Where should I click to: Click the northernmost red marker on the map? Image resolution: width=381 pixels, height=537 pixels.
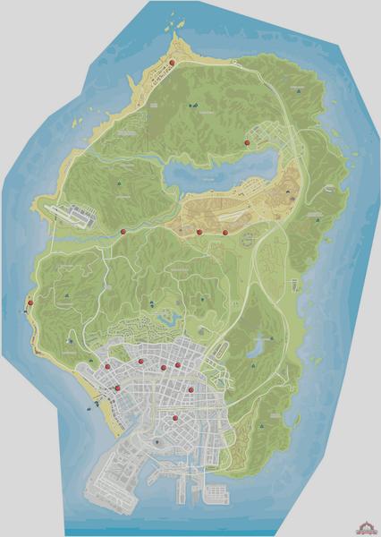coord(173,62)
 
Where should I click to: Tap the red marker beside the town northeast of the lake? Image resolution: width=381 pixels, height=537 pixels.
coord(246,141)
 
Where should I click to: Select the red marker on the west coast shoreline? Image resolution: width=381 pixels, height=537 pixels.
coord(30,303)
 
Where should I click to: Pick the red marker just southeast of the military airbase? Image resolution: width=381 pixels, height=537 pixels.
coord(123,232)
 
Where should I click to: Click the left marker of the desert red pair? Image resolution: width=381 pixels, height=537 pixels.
coord(199,232)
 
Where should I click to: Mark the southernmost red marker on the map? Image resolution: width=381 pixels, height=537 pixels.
coord(176,418)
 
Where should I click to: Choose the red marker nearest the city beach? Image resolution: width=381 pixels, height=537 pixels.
coord(117,388)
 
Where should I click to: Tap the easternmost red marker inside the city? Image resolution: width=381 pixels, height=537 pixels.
coord(178,365)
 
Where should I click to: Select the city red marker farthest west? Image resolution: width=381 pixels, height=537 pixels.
coord(106,368)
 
